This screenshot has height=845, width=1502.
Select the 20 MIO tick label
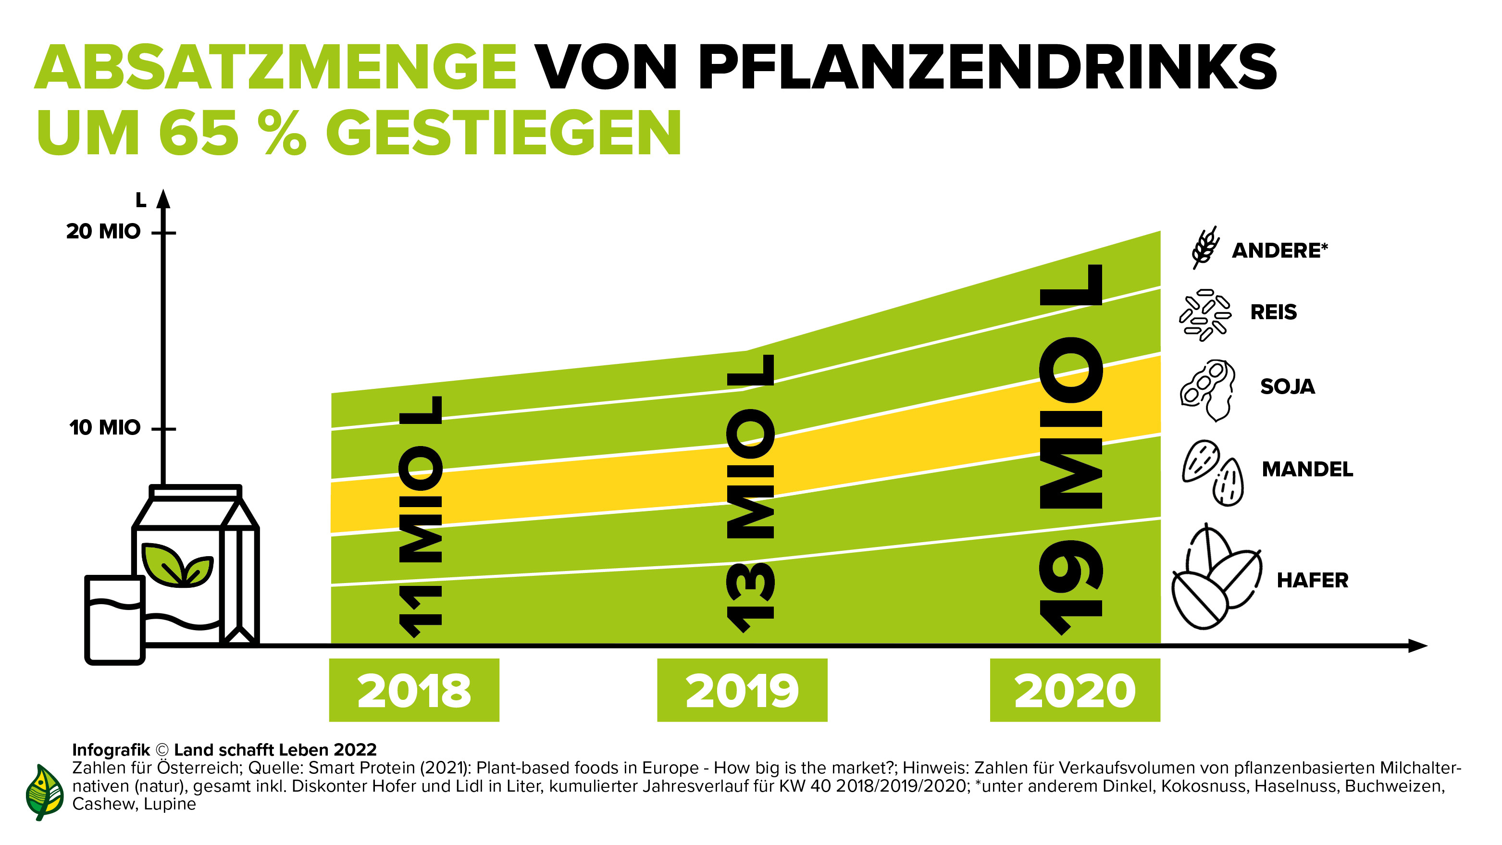coord(103,232)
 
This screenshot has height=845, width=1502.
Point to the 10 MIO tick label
coord(105,427)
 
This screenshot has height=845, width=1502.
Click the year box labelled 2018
coord(414,690)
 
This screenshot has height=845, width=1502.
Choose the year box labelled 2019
coord(742,690)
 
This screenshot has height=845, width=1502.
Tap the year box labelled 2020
coord(1075,690)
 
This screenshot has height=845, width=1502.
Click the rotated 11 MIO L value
coord(421,517)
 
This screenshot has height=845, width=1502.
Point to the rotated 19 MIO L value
coord(1072,449)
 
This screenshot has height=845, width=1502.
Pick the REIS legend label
coord(1273,312)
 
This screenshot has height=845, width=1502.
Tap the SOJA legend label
coord(1288,386)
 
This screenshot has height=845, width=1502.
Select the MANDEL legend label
coord(1307,469)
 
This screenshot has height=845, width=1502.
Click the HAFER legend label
coord(1313,580)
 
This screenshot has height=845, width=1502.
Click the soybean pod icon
coord(1207,389)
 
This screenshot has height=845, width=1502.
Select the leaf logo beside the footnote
coord(44,792)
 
